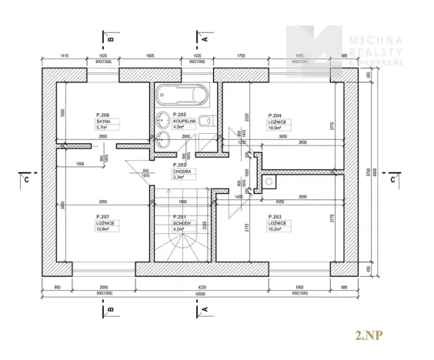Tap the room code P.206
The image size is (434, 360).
click(104, 113)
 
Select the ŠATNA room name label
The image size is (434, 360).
click(104, 122)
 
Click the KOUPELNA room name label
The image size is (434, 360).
click(182, 122)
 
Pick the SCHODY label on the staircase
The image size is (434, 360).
click(181, 222)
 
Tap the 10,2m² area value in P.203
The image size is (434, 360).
click(275, 229)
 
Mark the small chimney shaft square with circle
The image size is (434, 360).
click(270, 182)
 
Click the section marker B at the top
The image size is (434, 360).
click(110, 36)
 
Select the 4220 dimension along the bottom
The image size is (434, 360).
click(202, 288)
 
